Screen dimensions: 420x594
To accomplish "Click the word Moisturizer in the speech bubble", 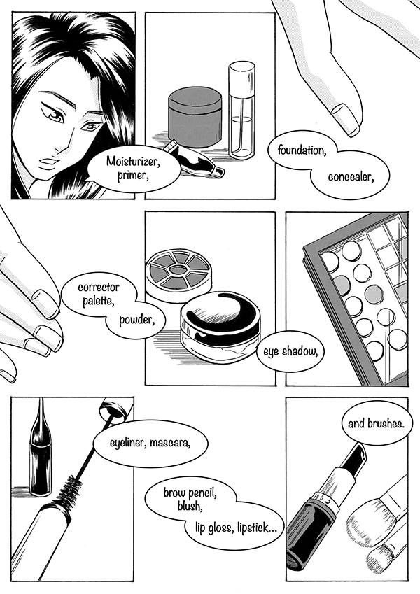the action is [133, 162].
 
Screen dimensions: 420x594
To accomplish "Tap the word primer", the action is [132, 176].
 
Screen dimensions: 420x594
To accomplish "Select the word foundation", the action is [302, 150].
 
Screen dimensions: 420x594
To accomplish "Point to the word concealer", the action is [351, 177].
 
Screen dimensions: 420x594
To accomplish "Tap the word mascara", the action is [170, 442].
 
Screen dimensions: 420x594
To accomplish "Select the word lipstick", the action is [256, 528].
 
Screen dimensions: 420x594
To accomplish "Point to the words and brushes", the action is [376, 423].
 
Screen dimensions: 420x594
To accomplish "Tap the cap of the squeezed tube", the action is [218, 172].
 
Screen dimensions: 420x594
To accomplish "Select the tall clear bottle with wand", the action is [241, 111].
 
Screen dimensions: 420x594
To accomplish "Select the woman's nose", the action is [67, 140].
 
